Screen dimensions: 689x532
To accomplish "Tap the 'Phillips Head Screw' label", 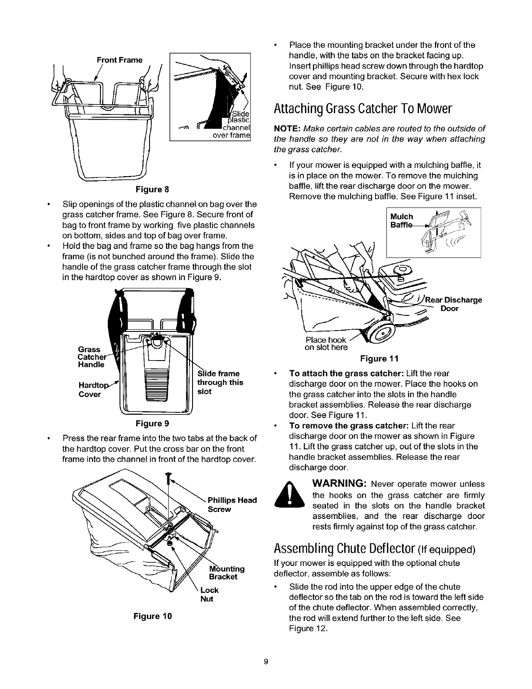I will [x=232, y=505].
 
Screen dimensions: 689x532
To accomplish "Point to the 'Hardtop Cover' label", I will [x=91, y=390].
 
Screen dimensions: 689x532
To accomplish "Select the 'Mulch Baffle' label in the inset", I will [x=402, y=220].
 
